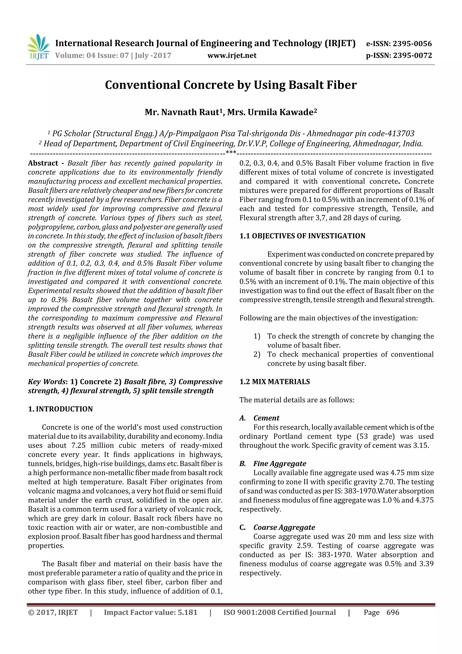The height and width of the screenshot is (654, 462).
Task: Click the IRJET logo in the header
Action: pos(38,47)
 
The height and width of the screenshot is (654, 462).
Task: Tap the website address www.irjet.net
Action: pos(232,56)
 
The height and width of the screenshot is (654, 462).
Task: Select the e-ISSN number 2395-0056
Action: pos(412,44)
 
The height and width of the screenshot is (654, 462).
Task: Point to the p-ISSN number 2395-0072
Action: pos(412,56)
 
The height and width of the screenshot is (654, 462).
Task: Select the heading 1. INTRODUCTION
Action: pos(60,409)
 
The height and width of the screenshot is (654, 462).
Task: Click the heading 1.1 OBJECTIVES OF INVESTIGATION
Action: pos(302,236)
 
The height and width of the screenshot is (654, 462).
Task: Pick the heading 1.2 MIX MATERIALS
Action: pos(274,382)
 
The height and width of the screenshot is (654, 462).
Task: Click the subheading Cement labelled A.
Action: pos(266,418)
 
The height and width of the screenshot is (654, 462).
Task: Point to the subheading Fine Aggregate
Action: pos(280,464)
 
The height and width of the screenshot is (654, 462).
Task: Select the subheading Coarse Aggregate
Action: pos(284,528)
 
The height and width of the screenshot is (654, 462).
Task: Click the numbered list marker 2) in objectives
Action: pos(257,354)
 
